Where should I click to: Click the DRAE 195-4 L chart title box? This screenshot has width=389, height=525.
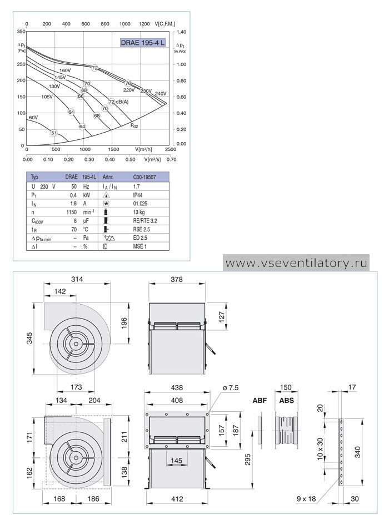(x=143, y=43)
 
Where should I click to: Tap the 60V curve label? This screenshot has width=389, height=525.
(x=33, y=118)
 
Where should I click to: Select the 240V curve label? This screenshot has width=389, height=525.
(x=161, y=93)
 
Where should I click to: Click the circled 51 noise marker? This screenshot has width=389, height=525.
(x=54, y=133)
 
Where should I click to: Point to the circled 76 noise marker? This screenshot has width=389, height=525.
(x=128, y=83)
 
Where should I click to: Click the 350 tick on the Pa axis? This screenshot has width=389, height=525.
(x=21, y=32)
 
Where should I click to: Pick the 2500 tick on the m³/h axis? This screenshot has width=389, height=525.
(x=171, y=149)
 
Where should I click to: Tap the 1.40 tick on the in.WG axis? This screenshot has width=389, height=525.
(x=181, y=32)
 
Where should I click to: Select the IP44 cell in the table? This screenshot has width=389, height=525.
(x=138, y=195)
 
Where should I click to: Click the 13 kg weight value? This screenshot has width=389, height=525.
(x=139, y=212)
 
